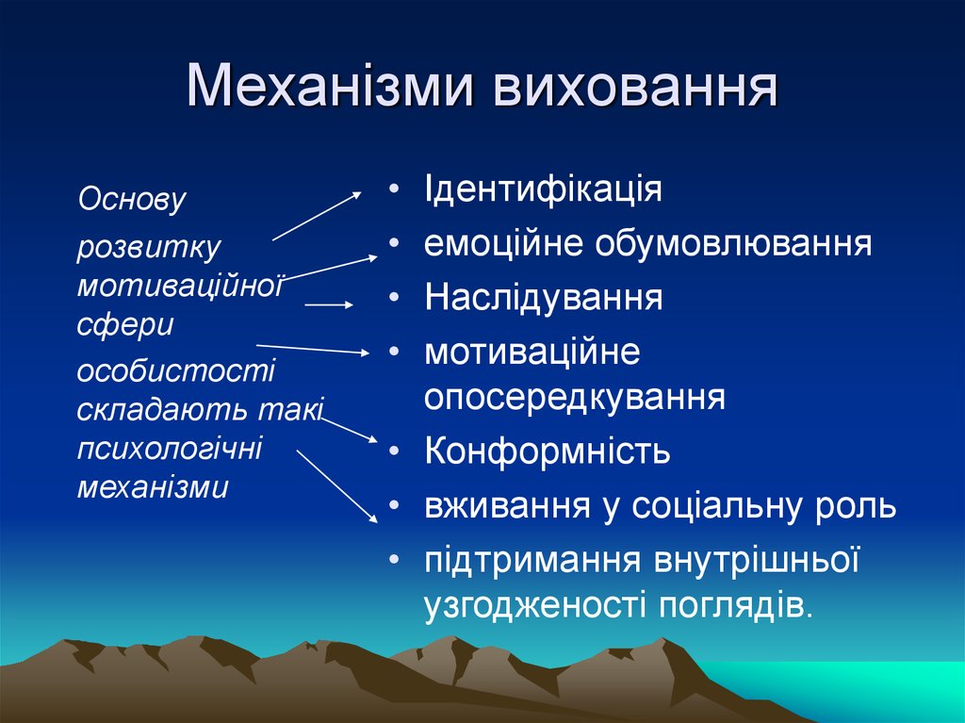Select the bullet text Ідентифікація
tap(543, 189)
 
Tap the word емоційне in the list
tap(503, 244)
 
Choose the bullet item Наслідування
tap(543, 298)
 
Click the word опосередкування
tap(574, 397)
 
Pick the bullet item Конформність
tap(547, 452)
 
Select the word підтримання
tap(531, 560)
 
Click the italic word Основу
tap(133, 199)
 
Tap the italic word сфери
tap(125, 324)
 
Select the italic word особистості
tap(176, 370)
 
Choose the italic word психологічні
tap(170, 448)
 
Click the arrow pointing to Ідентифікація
tap(317, 216)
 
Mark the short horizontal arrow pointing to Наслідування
tap(329, 304)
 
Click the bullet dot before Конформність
tap(393, 452)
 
